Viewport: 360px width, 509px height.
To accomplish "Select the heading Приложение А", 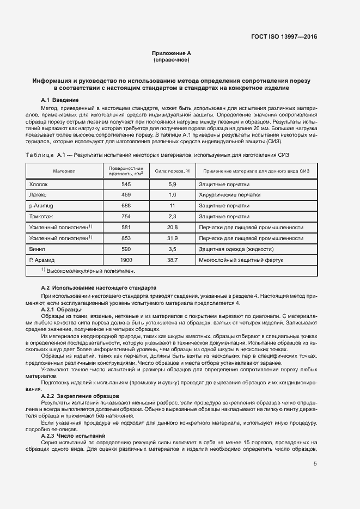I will tap(172, 53).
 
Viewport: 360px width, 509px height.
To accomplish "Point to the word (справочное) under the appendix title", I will tap(172, 59).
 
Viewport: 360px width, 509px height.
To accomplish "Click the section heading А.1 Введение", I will tap(60, 100).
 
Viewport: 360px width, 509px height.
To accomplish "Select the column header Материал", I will tap(64, 171).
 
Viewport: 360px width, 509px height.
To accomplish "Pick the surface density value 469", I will tap(126, 194).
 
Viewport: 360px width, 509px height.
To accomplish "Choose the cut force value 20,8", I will tap(172, 227).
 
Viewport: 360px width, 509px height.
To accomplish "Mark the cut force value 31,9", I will tap(172, 238).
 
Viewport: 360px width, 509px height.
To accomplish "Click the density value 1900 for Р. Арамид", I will tap(126, 260).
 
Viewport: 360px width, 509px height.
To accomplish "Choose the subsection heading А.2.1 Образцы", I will tap(62, 309).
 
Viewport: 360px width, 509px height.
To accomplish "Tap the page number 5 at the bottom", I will tap(315, 464).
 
